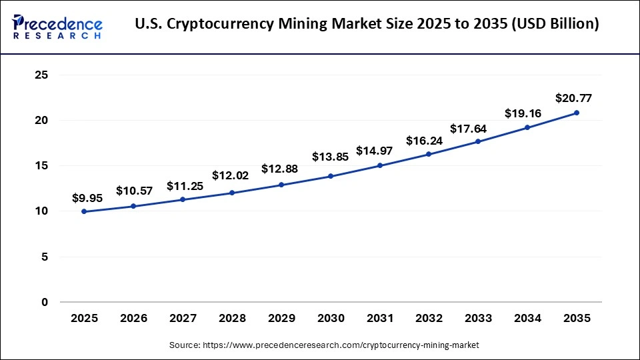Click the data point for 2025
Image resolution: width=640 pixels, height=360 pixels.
point(84,211)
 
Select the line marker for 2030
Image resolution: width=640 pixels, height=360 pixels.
point(330,176)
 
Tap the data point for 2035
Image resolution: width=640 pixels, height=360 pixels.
point(576,113)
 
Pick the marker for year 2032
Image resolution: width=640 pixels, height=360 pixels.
point(429,154)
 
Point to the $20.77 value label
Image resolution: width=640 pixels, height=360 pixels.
point(573,99)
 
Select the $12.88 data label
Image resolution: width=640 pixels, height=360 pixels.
point(279,168)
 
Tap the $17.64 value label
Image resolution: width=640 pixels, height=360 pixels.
point(468,129)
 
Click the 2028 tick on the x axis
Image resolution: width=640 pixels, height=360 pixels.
point(231,319)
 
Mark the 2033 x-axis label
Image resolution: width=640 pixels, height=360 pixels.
point(478,319)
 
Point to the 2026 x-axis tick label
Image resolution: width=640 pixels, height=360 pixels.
point(133,319)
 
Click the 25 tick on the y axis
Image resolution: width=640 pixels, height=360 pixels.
point(41,75)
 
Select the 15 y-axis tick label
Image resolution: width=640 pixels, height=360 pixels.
point(41,166)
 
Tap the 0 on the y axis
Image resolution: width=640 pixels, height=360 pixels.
point(45,302)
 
